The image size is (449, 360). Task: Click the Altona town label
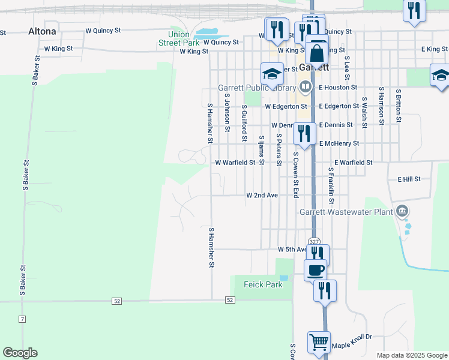click(x=42, y=31)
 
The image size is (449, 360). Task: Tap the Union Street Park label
click(x=179, y=38)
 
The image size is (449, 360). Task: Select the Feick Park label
click(x=263, y=284)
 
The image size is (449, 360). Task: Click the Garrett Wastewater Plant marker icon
click(x=402, y=211)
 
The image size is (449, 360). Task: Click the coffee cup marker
click(x=316, y=270)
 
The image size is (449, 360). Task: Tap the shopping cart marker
click(x=319, y=342)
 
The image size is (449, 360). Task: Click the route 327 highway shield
click(x=314, y=241)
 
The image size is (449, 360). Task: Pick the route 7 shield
click(x=22, y=318)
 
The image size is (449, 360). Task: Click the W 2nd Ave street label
click(x=262, y=196)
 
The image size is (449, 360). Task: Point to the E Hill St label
click(x=409, y=179)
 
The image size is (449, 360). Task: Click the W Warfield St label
click(x=235, y=163)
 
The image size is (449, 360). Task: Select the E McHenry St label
click(x=339, y=143)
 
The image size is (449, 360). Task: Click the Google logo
click(x=20, y=353)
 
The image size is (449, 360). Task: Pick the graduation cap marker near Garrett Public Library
click(x=272, y=75)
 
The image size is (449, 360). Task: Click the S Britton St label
click(x=397, y=106)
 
